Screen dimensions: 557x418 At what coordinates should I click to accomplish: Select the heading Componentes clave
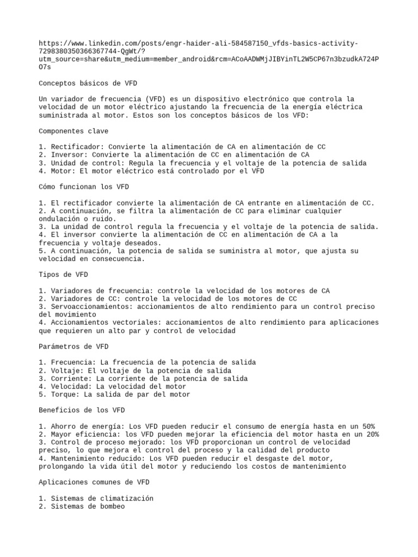[x=73, y=131]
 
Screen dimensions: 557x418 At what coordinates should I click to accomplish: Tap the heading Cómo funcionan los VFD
[x=84, y=187]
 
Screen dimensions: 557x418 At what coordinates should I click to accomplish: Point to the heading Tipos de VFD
[x=64, y=275]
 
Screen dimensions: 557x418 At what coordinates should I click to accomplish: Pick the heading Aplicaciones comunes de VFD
[x=94, y=482]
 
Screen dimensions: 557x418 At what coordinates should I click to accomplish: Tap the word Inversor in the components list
[x=67, y=155]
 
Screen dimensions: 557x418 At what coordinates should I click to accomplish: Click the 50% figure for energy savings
[x=367, y=426]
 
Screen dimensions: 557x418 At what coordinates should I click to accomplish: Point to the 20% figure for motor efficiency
[x=371, y=435]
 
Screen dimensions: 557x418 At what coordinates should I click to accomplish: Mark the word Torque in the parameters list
[x=64, y=394]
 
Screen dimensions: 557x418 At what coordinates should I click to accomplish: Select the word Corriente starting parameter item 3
[x=70, y=379]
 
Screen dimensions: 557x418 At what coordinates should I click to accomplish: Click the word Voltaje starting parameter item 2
[x=65, y=370]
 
